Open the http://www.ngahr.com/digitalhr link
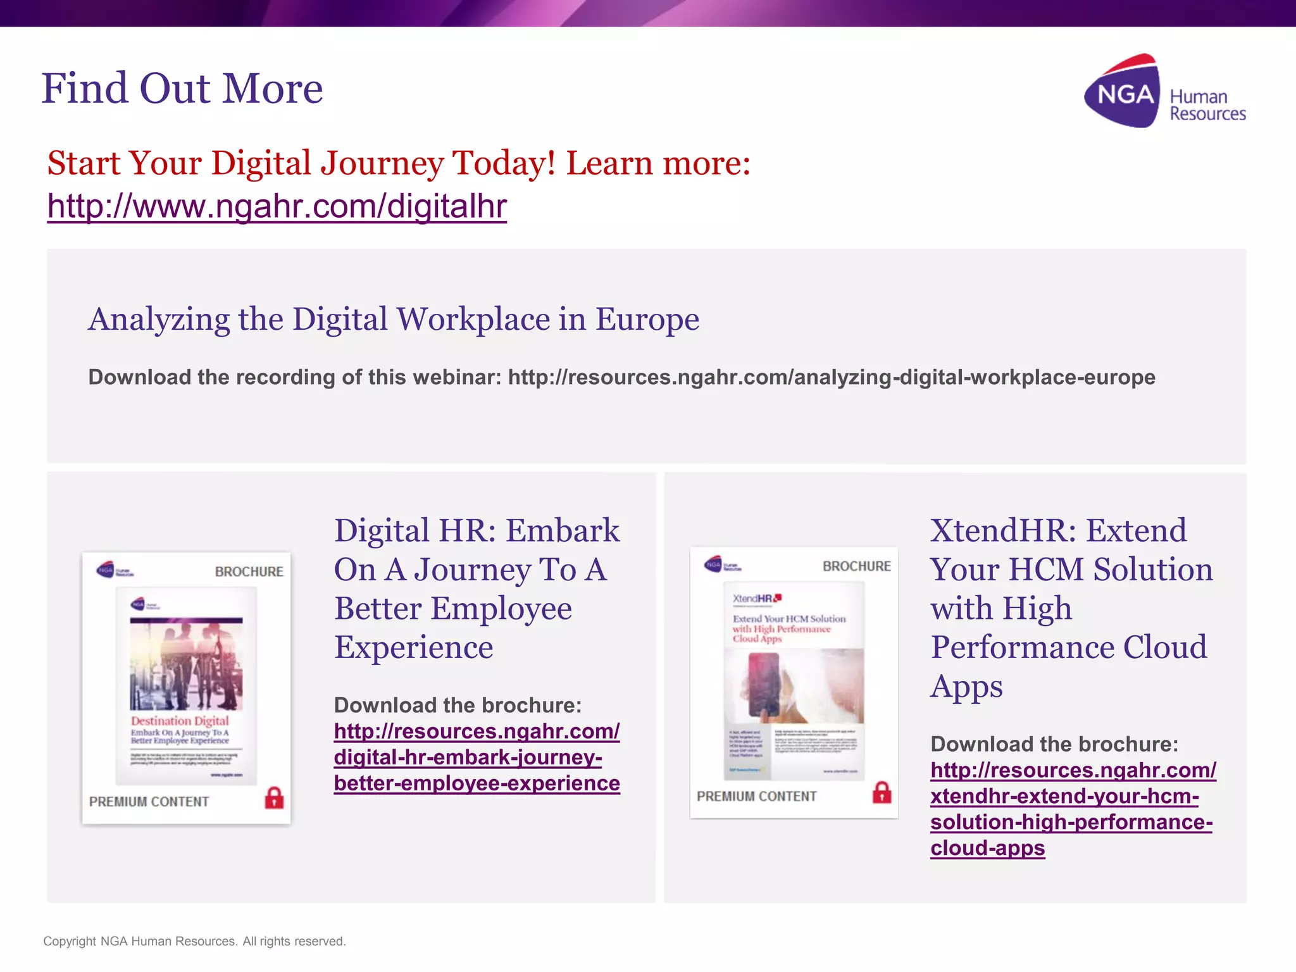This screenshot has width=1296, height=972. (x=277, y=206)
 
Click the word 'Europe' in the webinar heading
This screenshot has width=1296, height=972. (x=647, y=319)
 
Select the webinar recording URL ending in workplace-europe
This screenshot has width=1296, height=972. (x=832, y=377)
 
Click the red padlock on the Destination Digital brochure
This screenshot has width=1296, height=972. (x=274, y=798)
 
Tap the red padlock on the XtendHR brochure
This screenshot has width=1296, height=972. (x=882, y=792)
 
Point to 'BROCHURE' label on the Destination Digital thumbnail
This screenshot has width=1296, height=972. (x=249, y=572)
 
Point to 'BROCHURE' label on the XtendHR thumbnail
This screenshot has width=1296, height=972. (x=856, y=566)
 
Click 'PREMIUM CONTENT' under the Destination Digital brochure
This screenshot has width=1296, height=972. (x=149, y=802)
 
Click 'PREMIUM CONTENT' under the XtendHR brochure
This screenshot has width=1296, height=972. (x=756, y=797)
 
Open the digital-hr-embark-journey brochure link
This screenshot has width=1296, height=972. (x=477, y=757)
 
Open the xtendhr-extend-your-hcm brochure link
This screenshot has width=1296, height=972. (x=1072, y=809)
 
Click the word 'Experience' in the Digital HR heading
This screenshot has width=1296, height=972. (x=413, y=647)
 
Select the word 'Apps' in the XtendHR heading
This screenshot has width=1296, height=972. (x=966, y=687)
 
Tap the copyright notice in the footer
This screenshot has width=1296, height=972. (x=194, y=941)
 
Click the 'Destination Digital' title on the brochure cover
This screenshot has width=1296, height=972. (x=180, y=721)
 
